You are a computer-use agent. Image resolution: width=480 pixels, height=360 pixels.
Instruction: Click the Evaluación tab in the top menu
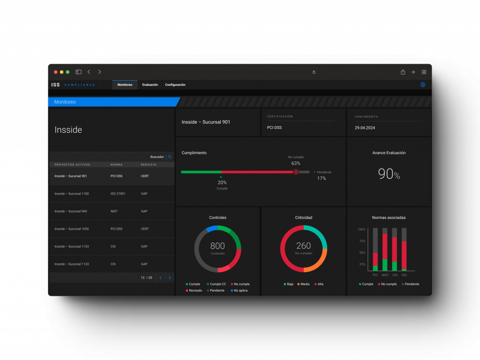pyautogui.click(x=150, y=85)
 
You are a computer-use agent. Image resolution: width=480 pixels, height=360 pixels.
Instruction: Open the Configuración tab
pyautogui.click(x=175, y=85)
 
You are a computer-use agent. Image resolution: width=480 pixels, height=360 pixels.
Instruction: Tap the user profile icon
pyautogui.click(x=423, y=85)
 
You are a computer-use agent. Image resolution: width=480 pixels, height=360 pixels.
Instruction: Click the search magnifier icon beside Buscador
pyautogui.click(x=170, y=157)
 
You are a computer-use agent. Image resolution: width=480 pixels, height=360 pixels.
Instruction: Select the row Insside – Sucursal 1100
pyautogui.click(x=72, y=194)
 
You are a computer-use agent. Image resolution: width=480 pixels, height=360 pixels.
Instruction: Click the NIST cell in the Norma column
pyautogui.click(x=114, y=211)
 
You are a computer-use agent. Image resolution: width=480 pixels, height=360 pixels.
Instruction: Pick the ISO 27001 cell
pyautogui.click(x=118, y=194)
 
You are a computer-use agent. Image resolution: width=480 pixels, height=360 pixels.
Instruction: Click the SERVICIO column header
pyautogui.click(x=149, y=165)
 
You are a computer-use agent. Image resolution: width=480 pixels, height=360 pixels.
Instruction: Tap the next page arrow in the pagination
pyautogui.click(x=170, y=277)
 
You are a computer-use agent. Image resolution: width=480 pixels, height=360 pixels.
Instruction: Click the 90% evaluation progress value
pyautogui.click(x=389, y=174)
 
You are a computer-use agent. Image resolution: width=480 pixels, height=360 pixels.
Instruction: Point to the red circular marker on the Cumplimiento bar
pyautogui.click(x=296, y=172)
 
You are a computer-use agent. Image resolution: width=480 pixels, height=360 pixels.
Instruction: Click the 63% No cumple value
pyautogui.click(x=296, y=164)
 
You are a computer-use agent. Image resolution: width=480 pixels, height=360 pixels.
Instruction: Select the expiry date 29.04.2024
pyautogui.click(x=365, y=127)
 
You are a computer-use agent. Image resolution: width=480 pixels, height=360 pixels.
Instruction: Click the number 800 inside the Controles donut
pyautogui.click(x=217, y=246)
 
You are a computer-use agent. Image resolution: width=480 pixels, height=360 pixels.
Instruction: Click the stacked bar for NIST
pyautogui.click(x=385, y=249)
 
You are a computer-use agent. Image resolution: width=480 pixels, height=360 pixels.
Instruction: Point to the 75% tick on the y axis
pyautogui.click(x=362, y=241)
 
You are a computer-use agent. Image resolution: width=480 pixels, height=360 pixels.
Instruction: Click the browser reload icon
pyautogui.click(x=314, y=72)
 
